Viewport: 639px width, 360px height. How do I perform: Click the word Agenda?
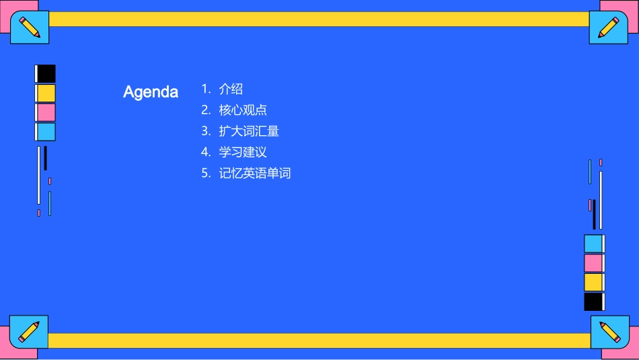tap(151, 92)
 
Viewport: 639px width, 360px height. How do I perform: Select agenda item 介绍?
tap(231, 89)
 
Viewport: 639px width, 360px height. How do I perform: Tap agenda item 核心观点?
tap(243, 110)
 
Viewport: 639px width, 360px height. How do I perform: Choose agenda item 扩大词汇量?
tap(249, 131)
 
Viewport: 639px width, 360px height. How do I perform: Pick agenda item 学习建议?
tap(243, 152)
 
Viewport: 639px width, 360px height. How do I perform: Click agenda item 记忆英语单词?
tap(255, 173)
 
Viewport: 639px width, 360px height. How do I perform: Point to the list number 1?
tap(205, 89)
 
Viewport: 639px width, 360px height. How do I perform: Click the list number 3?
tap(205, 131)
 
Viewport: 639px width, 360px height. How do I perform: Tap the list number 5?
tap(205, 173)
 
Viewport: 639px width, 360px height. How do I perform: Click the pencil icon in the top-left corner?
tap(30, 28)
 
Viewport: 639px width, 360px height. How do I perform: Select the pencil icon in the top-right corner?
tap(608, 28)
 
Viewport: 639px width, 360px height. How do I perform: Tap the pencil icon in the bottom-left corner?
tap(29, 331)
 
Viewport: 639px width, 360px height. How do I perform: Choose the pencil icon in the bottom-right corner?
tap(609, 332)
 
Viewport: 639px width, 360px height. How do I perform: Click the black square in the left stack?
tap(46, 73)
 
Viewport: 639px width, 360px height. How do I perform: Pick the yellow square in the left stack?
tap(46, 93)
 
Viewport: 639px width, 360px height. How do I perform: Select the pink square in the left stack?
tap(46, 112)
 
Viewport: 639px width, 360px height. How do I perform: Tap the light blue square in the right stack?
tap(593, 244)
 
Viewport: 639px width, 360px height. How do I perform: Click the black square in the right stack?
tap(593, 301)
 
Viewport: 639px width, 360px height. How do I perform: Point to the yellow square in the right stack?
tap(593, 282)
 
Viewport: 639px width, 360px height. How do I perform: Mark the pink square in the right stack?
tap(593, 263)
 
